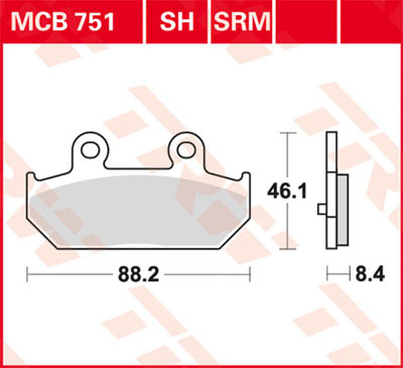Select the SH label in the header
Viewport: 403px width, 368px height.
point(175,24)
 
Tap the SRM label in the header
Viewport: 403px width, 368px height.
point(240,24)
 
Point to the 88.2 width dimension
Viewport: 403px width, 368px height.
point(137,275)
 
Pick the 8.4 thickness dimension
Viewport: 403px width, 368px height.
point(361,274)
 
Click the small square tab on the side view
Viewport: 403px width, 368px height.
point(322,212)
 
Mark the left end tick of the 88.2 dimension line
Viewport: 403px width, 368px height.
point(27,274)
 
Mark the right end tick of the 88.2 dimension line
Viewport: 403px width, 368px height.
point(250,274)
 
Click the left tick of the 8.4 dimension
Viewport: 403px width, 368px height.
point(327,274)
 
